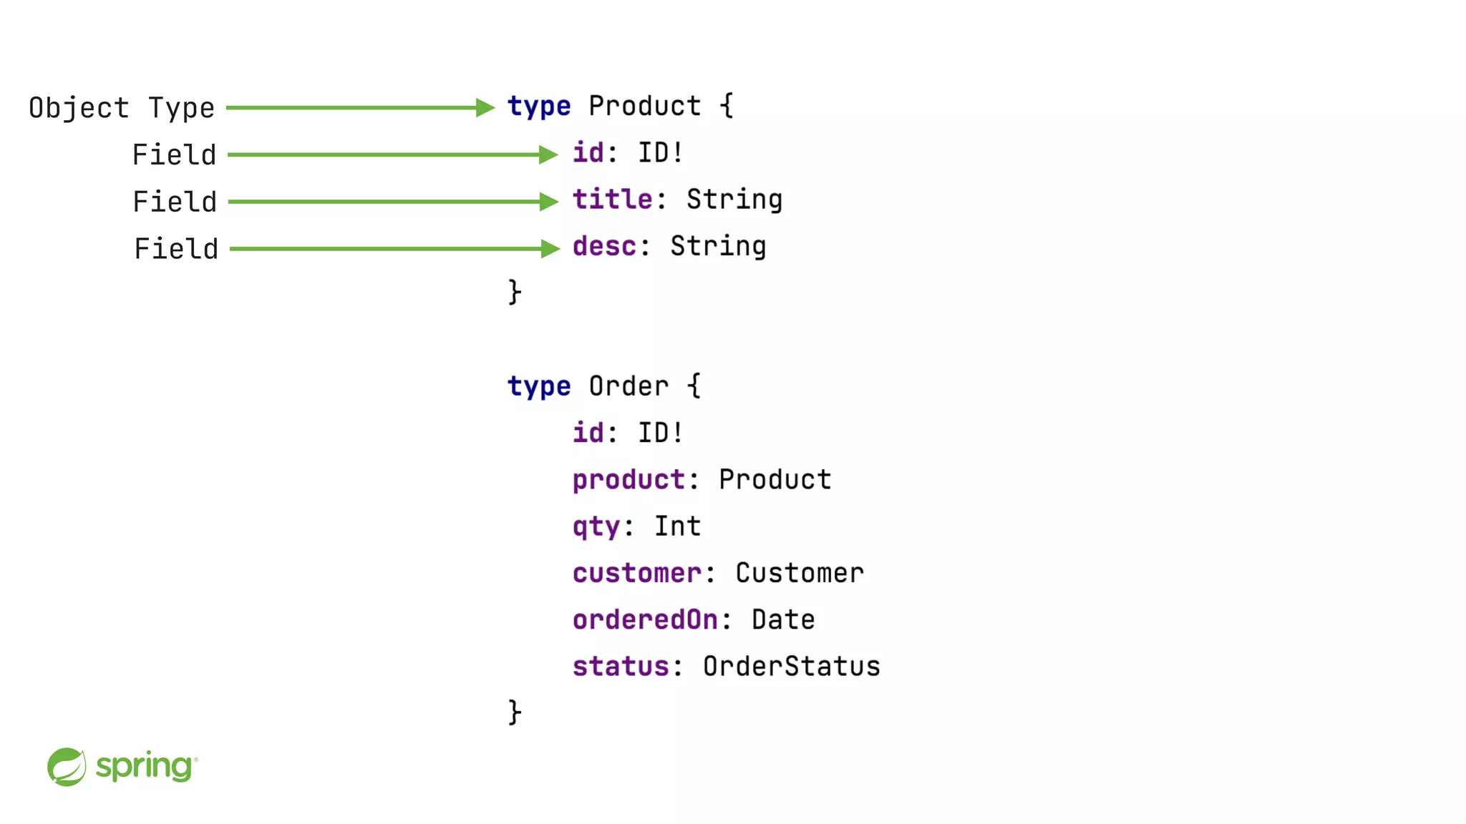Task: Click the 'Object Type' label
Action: [x=122, y=108]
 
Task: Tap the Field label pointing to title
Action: [x=175, y=202]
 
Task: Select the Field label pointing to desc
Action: [x=176, y=249]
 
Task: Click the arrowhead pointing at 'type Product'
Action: [x=485, y=108]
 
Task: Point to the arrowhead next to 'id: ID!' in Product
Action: [x=548, y=154]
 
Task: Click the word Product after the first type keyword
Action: [x=644, y=106]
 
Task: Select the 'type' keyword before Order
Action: [x=538, y=386]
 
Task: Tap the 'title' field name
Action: [x=612, y=200]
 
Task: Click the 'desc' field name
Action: [x=604, y=246]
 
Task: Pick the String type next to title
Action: [x=734, y=200]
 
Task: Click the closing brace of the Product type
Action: [x=515, y=292]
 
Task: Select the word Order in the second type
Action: [x=628, y=386]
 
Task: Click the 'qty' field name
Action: [x=596, y=527]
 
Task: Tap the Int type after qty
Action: [x=677, y=526]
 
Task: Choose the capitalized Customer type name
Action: [x=800, y=573]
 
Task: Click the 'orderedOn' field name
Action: [x=645, y=619]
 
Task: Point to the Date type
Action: [x=783, y=619]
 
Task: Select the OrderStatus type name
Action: [x=791, y=666]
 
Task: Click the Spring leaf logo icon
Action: [x=67, y=767]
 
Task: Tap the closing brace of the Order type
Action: [x=515, y=712]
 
